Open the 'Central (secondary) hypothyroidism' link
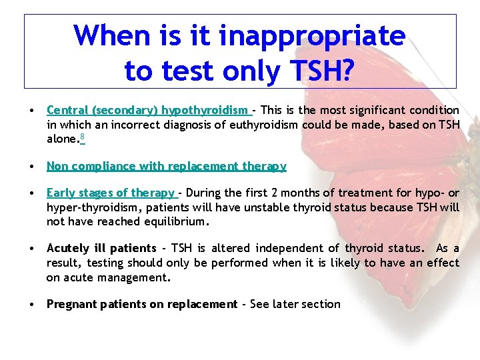click(148, 110)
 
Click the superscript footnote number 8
click(81, 137)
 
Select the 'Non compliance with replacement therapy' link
click(166, 166)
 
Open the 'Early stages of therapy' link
click(111, 193)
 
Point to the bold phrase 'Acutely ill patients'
click(101, 249)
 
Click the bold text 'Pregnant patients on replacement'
click(141, 304)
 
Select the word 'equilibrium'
click(176, 221)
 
